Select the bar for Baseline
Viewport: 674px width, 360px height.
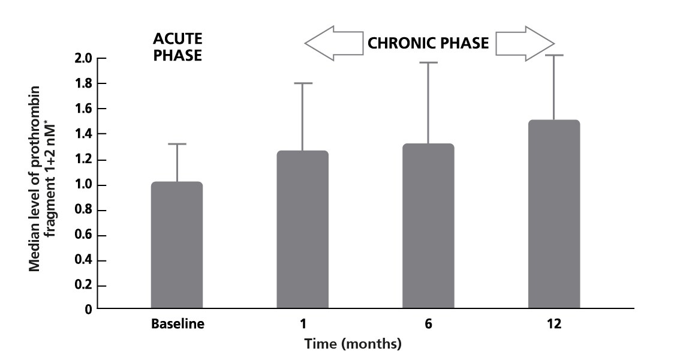pos(177,245)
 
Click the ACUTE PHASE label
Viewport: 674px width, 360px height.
pos(177,47)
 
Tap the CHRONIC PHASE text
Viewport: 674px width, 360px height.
pos(428,43)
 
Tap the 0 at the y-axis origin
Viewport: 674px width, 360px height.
pos(88,310)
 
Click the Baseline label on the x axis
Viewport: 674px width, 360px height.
pos(177,325)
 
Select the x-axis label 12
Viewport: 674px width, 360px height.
pos(553,325)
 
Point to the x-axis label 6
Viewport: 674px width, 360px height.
pos(428,325)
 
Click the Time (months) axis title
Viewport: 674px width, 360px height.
pos(353,344)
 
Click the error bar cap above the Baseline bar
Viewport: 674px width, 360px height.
pos(177,144)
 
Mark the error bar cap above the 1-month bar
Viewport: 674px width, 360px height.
pos(302,83)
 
